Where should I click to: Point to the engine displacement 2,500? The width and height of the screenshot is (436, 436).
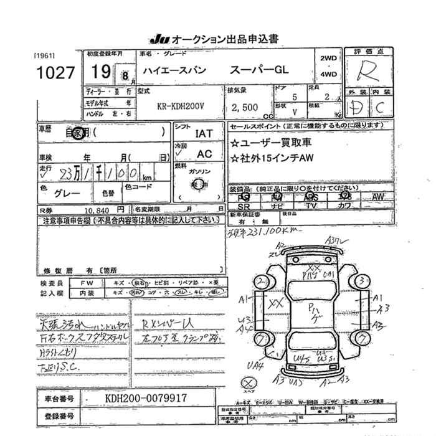click(x=244, y=107)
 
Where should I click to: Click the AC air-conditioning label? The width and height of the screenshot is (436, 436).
click(x=204, y=153)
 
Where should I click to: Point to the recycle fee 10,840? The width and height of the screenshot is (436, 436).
click(x=92, y=211)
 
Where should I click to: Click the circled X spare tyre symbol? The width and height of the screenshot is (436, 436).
click(x=249, y=381)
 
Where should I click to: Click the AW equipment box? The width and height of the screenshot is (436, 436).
click(x=378, y=197)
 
